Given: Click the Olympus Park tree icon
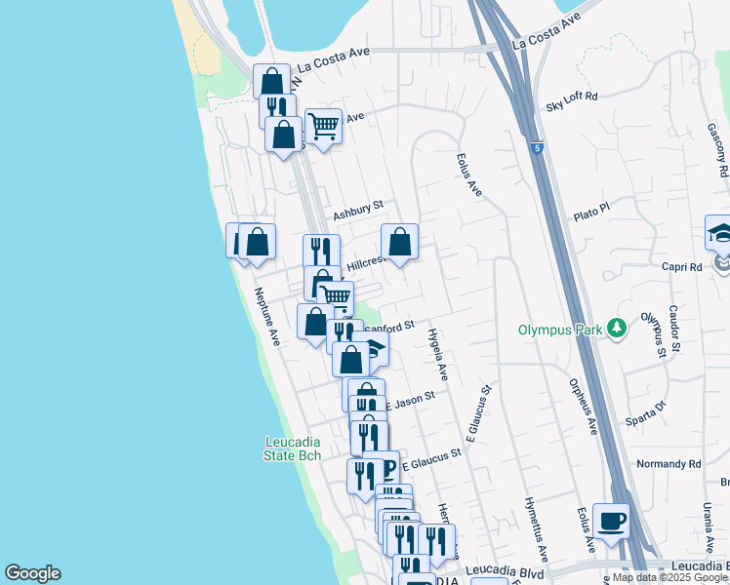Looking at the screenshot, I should (616, 329).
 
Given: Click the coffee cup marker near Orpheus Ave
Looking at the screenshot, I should (611, 522).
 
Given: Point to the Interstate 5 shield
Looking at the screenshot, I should (537, 147).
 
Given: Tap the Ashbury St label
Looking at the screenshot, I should (358, 212).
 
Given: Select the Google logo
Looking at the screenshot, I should (32, 573).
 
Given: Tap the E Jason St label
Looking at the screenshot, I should (410, 400).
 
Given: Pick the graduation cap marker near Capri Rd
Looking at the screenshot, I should (719, 234).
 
